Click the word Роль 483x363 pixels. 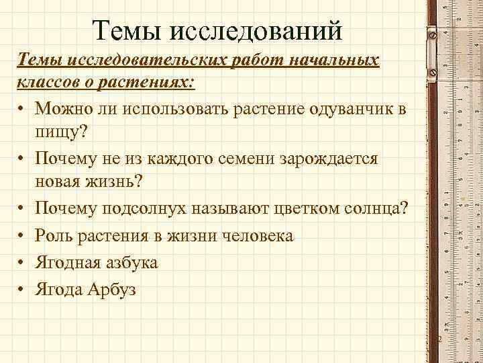click(x=57, y=236)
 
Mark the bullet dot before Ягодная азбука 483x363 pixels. click(x=22, y=263)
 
